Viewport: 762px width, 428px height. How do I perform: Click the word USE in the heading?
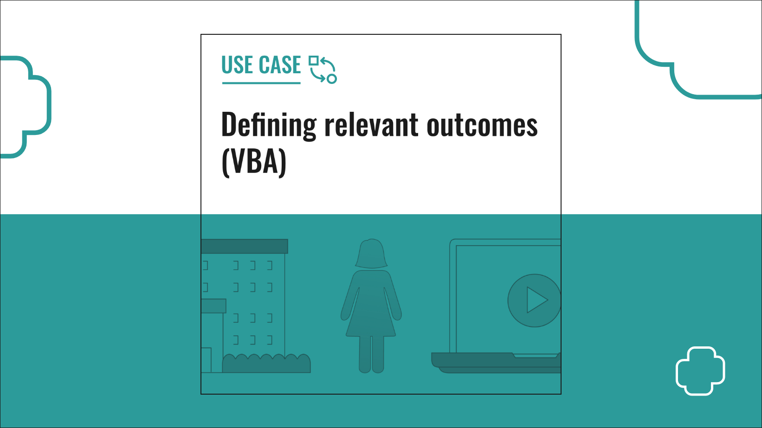point(238,64)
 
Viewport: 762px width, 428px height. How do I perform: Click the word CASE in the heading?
point(280,64)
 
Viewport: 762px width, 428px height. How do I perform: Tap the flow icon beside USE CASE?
point(323,70)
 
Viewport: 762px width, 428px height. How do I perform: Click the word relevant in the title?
point(371,124)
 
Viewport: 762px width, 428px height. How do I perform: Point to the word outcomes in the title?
point(482,126)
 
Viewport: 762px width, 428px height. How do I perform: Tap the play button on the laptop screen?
point(534,300)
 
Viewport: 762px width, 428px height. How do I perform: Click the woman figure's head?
point(371,254)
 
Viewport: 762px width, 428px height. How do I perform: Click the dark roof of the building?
point(244,246)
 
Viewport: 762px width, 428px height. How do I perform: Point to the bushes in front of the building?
point(266,363)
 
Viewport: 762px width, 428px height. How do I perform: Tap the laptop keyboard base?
point(496,363)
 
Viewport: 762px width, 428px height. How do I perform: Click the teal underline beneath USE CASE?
point(261,83)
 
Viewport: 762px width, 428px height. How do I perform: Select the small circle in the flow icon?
point(332,79)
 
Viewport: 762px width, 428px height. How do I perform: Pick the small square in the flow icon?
point(313,61)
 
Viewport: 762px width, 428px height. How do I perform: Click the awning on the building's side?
point(213,306)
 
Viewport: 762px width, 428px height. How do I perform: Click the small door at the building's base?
point(206,360)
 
